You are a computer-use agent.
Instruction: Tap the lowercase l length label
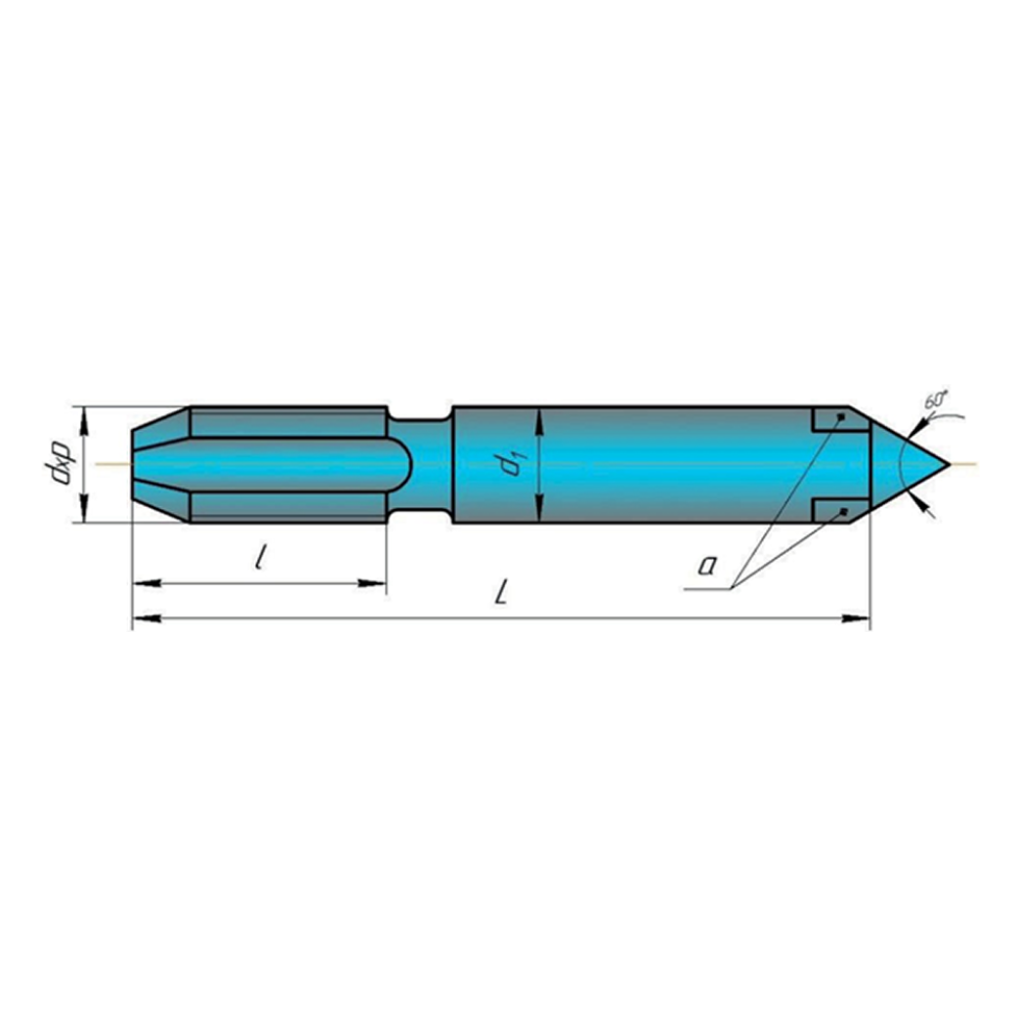tap(259, 559)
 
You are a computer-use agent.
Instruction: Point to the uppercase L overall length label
tap(501, 592)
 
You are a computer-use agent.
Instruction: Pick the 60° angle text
tap(935, 400)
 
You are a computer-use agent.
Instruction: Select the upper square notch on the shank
tap(831, 419)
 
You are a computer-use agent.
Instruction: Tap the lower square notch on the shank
tap(831, 510)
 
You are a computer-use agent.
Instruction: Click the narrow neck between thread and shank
tap(420, 464)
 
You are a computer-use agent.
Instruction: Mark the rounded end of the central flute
tap(402, 464)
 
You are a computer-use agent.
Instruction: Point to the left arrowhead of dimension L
tap(143, 617)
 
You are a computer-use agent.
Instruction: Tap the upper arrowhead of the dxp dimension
tap(85, 417)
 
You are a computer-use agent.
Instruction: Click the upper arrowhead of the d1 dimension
tap(539, 417)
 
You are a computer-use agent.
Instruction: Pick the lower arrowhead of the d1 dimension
tap(539, 512)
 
